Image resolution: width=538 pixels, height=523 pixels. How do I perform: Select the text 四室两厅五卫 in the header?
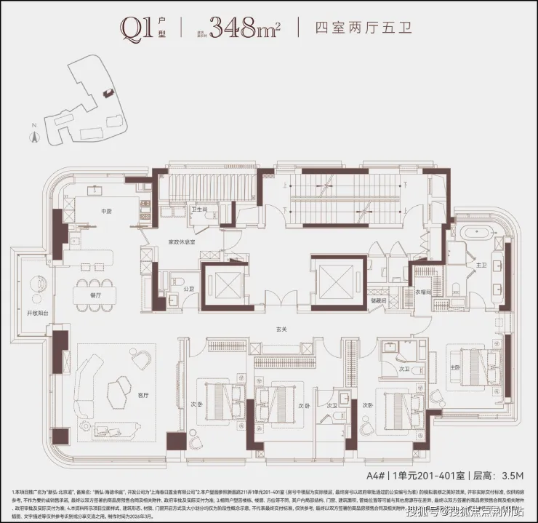click(353, 28)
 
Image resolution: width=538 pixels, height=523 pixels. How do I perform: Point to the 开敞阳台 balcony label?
click(37, 313)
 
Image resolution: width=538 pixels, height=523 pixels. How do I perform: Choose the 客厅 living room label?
click(142, 394)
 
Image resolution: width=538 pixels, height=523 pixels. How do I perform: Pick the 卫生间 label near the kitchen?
click(199, 209)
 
